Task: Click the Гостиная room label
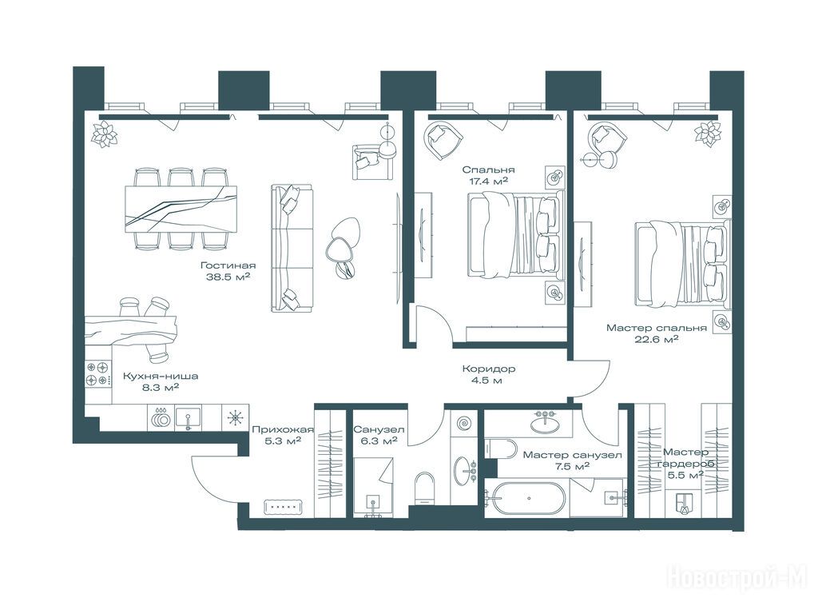(228, 265)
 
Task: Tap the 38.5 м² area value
(228, 277)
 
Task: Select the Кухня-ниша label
(161, 376)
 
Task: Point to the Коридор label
(489, 369)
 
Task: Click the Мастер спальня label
(657, 328)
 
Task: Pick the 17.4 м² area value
(489, 181)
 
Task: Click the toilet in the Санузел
(425, 488)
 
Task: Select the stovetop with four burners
(98, 374)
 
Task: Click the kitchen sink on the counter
(188, 418)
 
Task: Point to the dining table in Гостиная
(181, 209)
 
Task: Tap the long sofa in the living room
(292, 249)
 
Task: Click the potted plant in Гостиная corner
(105, 134)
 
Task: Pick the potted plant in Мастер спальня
(708, 134)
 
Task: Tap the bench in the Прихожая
(284, 506)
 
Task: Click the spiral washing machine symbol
(463, 423)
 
